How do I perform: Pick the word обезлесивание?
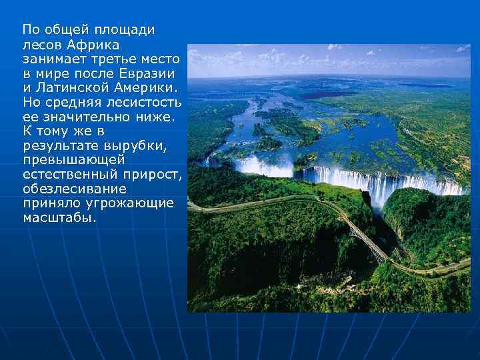coord(69,189)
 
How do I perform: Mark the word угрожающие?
coord(128,203)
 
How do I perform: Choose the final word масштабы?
coord(59,217)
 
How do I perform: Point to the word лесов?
coord(41,45)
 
